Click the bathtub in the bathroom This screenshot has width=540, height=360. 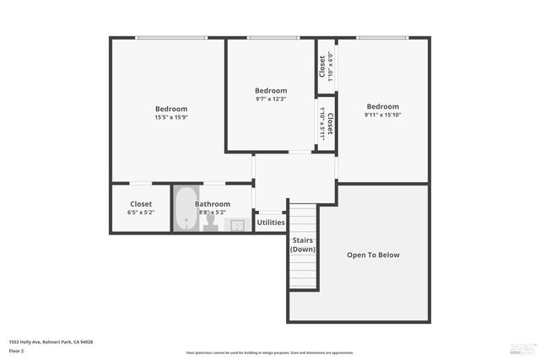tap(185, 210)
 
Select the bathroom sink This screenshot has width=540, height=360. tap(238, 224)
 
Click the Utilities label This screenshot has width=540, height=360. tap(271, 223)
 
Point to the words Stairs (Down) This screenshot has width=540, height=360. tap(303, 244)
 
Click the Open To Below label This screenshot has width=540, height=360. tap(373, 255)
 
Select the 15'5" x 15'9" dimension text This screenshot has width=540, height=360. tap(170, 117)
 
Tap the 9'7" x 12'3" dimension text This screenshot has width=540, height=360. tap(271, 99)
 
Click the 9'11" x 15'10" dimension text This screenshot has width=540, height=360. tap(381, 115)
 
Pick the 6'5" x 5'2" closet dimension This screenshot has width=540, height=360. tap(141, 212)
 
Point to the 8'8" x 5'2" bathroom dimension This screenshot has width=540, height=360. tap(213, 212)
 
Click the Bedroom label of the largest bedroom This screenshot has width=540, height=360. tap(170, 109)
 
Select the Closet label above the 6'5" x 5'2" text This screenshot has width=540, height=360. tap(141, 203)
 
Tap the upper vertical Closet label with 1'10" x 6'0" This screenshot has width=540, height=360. tap(322, 66)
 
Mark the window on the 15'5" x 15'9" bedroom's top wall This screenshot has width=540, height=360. tap(171, 37)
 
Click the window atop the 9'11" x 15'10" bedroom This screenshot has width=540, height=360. tap(384, 37)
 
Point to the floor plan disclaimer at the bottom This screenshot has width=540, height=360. tap(270, 352)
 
